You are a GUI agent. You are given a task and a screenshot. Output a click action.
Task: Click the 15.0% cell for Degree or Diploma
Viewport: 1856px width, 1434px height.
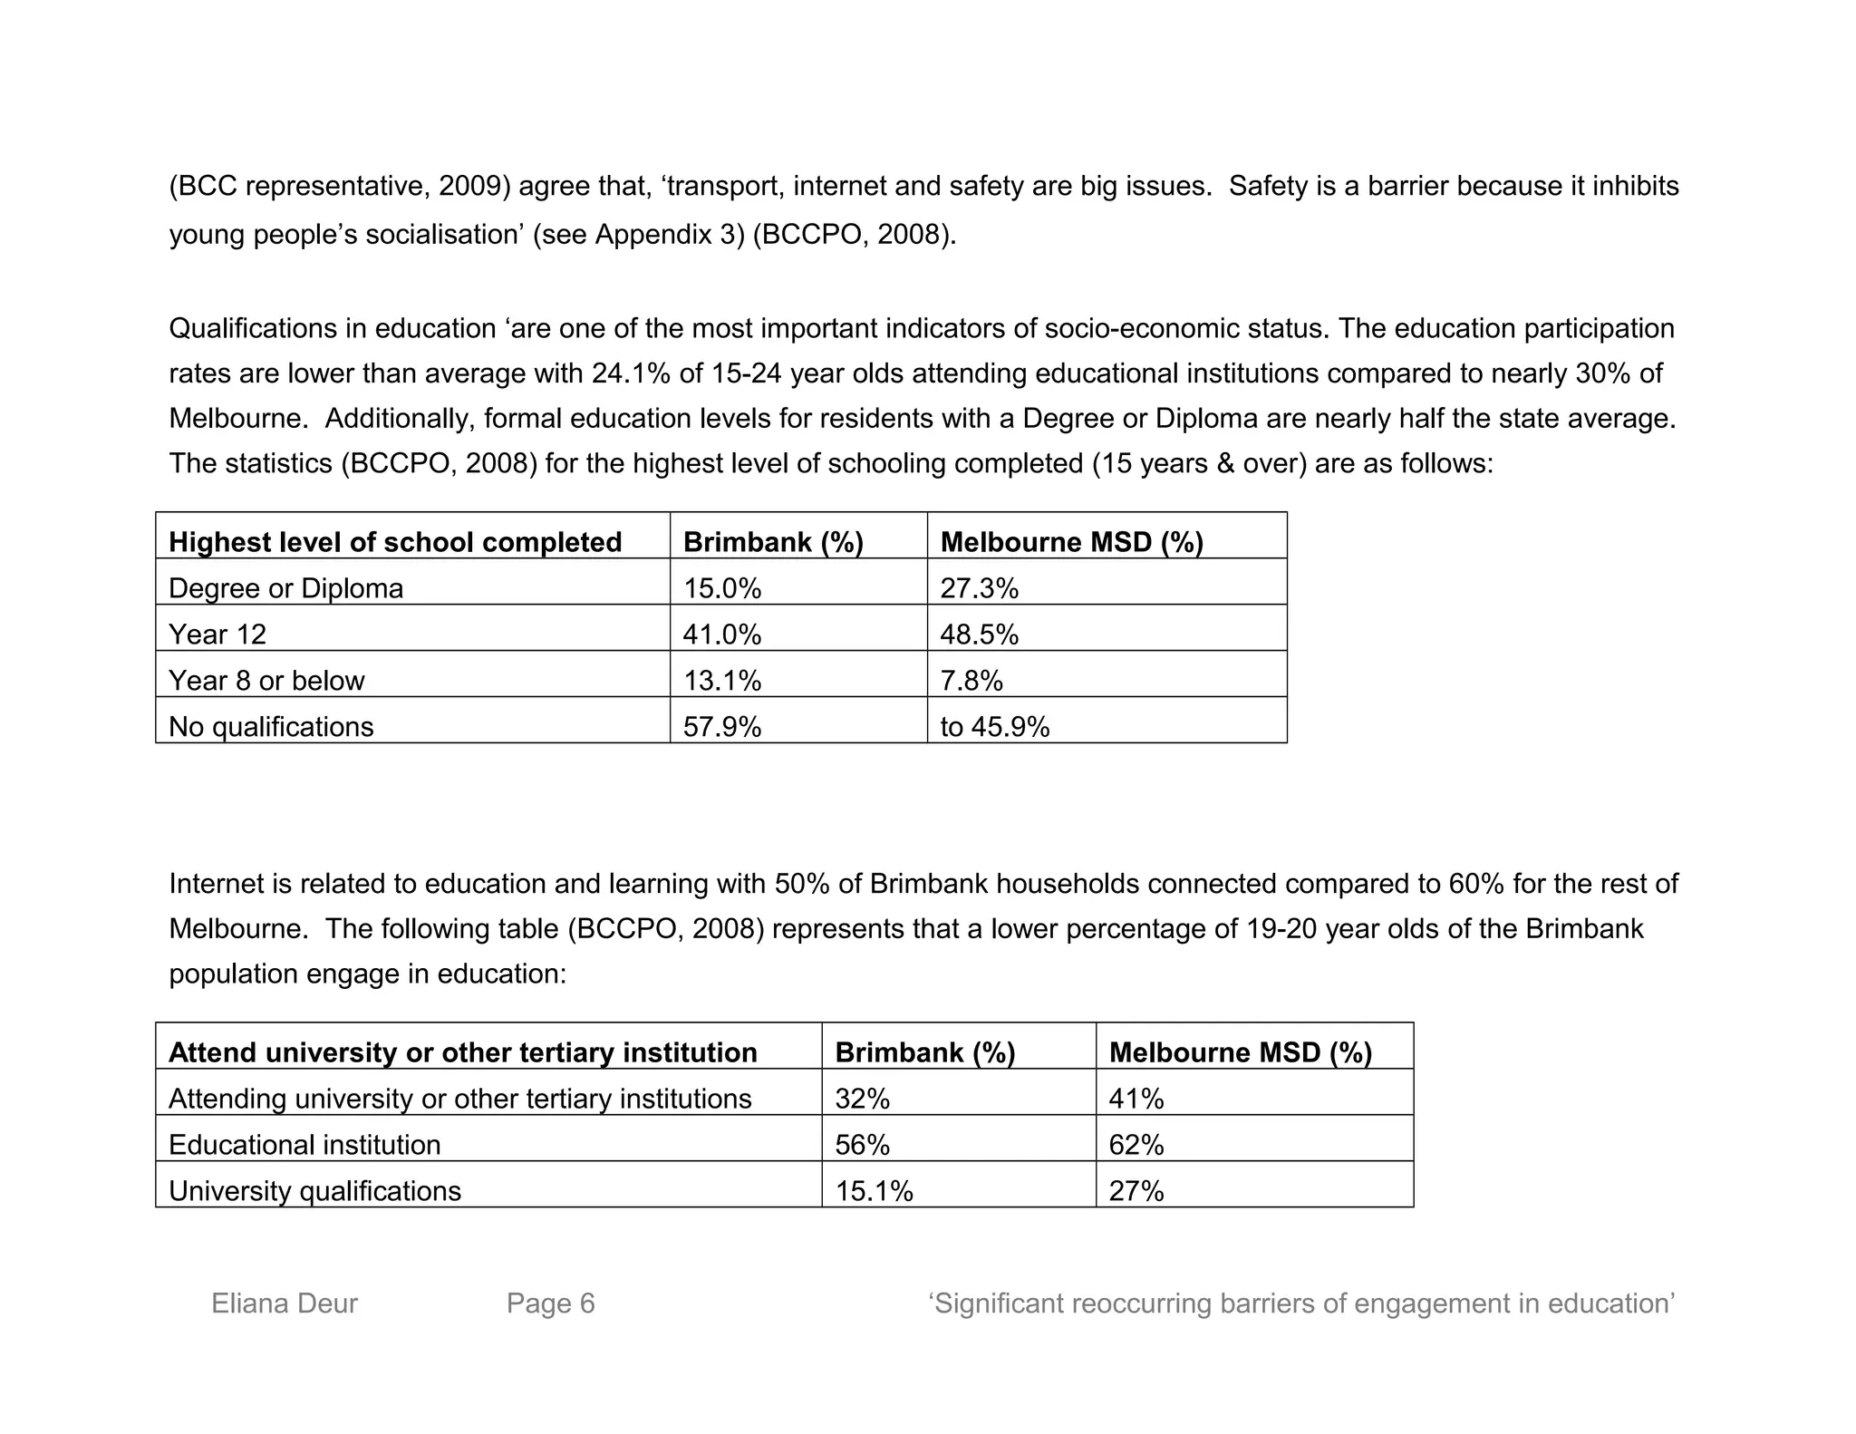tap(722, 588)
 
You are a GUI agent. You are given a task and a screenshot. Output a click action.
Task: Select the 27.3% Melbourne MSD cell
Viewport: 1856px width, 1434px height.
tap(979, 588)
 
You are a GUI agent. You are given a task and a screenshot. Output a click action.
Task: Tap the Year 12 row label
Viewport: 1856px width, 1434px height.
tap(217, 635)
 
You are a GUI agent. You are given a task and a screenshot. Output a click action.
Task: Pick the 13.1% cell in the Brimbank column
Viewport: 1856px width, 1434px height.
tap(722, 681)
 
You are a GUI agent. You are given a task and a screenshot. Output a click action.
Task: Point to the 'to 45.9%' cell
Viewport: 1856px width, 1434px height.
tap(994, 727)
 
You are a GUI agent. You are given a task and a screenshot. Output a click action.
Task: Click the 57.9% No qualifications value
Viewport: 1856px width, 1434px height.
tap(722, 727)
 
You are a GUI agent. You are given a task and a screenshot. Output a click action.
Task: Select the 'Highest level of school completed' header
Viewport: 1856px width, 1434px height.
tap(395, 542)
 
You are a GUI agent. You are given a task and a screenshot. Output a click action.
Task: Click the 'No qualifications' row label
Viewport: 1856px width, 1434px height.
tap(271, 727)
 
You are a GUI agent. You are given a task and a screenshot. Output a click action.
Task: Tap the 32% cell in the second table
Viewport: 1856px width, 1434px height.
tap(862, 1099)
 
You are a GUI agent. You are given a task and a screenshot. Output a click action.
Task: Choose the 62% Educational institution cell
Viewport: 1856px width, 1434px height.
tap(1136, 1145)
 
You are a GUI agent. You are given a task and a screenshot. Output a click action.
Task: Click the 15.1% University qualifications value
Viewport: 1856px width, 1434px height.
tap(874, 1191)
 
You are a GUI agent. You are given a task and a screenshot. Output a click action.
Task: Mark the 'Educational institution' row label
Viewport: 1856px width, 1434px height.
tap(304, 1145)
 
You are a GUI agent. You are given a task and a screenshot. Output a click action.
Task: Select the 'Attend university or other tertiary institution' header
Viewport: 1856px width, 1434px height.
tap(462, 1052)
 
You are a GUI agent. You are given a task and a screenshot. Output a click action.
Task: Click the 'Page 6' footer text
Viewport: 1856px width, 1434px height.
tap(550, 1303)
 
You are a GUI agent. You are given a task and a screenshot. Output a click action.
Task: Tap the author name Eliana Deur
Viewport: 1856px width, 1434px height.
tap(285, 1303)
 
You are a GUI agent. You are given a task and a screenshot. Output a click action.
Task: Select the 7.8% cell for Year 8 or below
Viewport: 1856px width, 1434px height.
tap(971, 681)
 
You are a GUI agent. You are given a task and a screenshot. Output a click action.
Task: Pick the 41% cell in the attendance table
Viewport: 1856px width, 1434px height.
tap(1136, 1099)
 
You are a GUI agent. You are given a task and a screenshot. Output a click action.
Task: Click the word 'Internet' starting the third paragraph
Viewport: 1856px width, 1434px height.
tap(217, 884)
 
